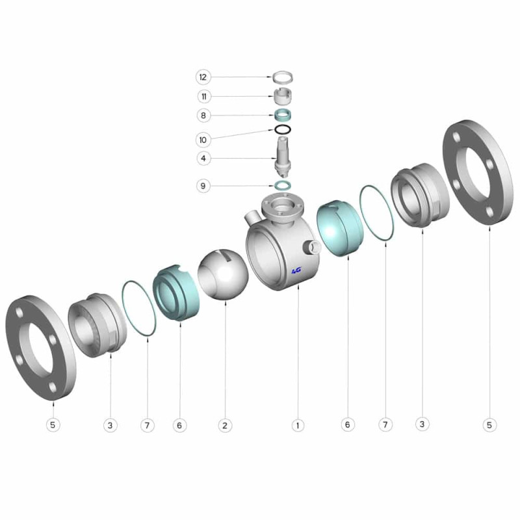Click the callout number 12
203,77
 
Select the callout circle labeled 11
203,96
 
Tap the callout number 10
203,140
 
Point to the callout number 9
203,186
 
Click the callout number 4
203,158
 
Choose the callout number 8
203,116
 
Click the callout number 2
225,426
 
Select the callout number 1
298,426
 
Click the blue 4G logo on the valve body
296,271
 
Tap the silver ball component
223,275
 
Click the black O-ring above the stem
283,130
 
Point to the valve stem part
283,157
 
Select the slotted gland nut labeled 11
283,96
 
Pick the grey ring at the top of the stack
283,77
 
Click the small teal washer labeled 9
283,185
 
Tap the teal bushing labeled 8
283,116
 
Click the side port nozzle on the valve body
313,247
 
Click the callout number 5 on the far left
53,425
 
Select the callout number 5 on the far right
489,425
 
